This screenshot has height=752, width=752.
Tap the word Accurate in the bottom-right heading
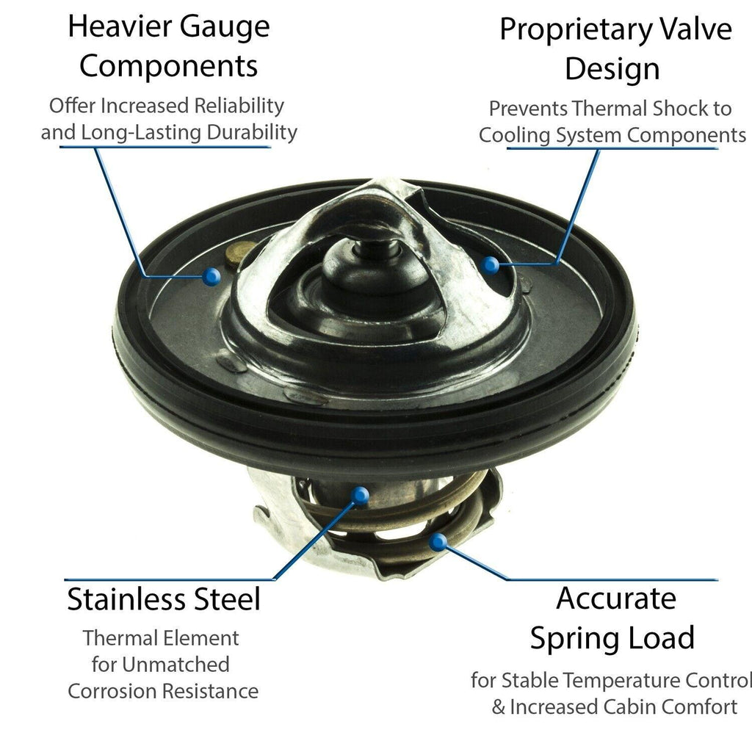[x=616, y=599]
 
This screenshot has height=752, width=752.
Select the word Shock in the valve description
[x=664, y=109]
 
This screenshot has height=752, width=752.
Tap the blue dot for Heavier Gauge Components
[x=211, y=276]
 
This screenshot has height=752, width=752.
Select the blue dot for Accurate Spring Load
[x=438, y=543]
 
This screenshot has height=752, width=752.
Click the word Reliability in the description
[x=239, y=106]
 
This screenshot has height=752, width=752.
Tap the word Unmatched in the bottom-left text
[x=175, y=665]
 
